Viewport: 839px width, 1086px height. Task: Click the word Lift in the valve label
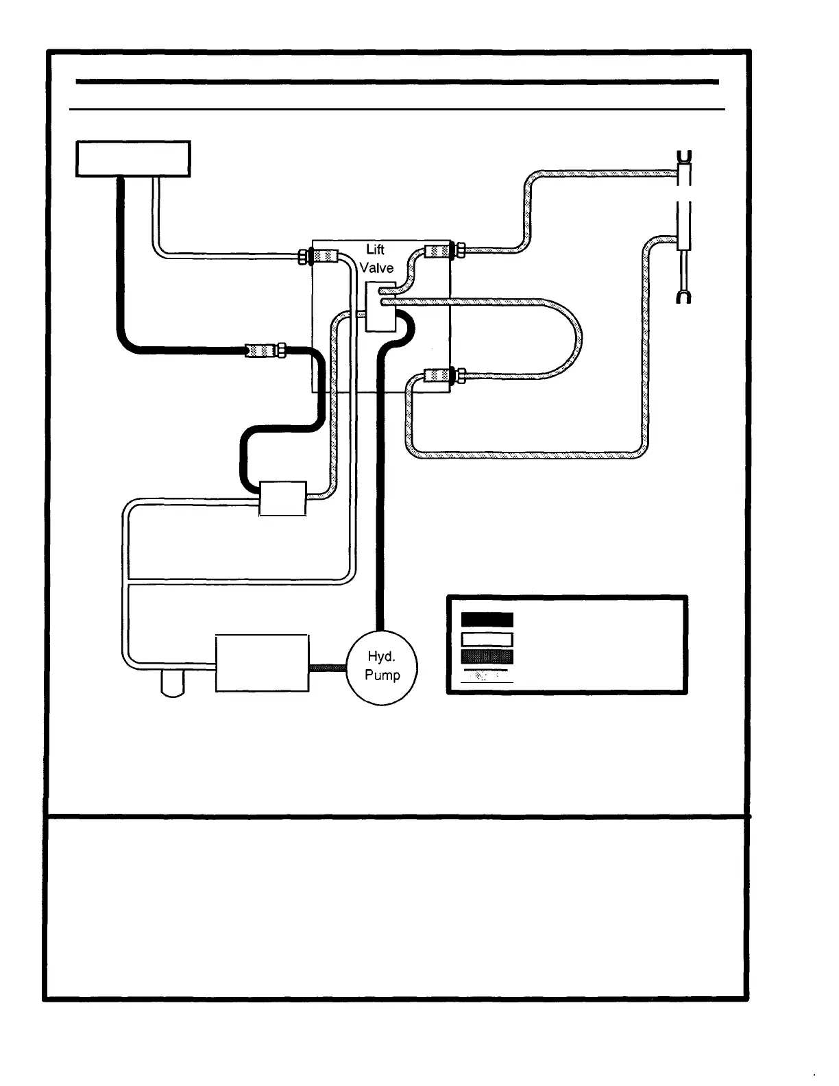pos(375,251)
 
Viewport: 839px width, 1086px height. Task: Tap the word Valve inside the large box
pos(377,268)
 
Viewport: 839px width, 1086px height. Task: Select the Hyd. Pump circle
pos(382,666)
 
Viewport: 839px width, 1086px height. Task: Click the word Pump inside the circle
pos(382,675)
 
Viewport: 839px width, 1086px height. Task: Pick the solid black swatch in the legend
pos(487,619)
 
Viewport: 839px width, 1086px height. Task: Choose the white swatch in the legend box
pos(487,639)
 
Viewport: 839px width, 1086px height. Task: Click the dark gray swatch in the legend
pos(487,657)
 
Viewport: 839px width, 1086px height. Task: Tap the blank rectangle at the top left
pos(133,158)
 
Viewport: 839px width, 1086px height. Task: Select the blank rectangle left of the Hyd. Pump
pos(262,663)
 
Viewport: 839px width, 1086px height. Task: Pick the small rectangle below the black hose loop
pos(282,498)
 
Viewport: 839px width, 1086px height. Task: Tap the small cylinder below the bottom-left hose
pos(173,684)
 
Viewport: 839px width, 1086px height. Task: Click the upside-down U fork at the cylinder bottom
pos(683,295)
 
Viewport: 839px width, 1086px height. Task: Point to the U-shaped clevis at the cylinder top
pos(683,157)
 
